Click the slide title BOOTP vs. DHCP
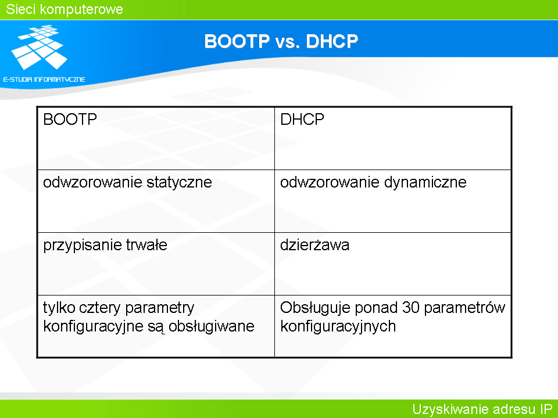281,41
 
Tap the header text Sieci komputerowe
65,9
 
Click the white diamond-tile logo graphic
39,47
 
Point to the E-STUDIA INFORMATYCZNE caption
44,80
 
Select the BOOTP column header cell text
70,120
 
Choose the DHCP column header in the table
302,120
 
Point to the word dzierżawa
314,245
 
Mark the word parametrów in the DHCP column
464,308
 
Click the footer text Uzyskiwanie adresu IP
482,409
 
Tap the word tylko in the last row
59,308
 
